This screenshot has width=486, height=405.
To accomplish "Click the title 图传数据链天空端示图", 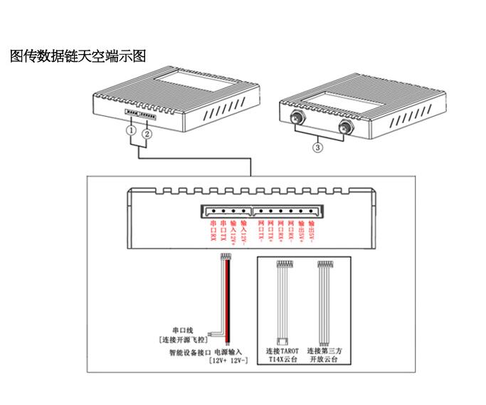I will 78,56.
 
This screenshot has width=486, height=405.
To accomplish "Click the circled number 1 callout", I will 131,132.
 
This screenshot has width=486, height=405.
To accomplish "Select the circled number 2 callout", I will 147,132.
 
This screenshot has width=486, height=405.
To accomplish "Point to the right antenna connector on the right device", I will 345,128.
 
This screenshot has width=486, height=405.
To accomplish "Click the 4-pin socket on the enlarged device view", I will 226,211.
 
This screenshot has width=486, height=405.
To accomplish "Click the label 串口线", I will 184,330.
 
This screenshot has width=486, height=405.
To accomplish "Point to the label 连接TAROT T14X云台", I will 282,356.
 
